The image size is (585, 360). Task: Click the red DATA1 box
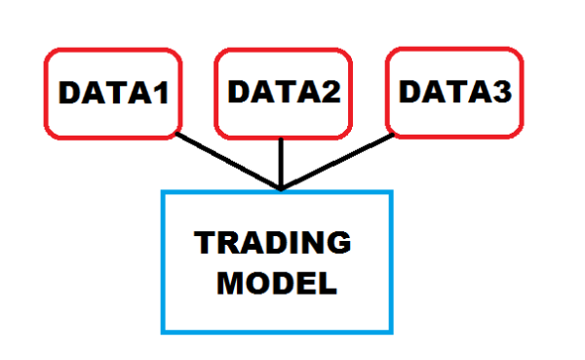[x=113, y=93]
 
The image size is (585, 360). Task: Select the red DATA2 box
[x=282, y=93]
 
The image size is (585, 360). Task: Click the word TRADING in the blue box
[x=272, y=243]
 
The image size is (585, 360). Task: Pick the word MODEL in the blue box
[x=276, y=284]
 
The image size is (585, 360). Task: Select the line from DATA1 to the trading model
[x=229, y=160]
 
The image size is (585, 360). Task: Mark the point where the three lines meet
[x=281, y=187]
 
